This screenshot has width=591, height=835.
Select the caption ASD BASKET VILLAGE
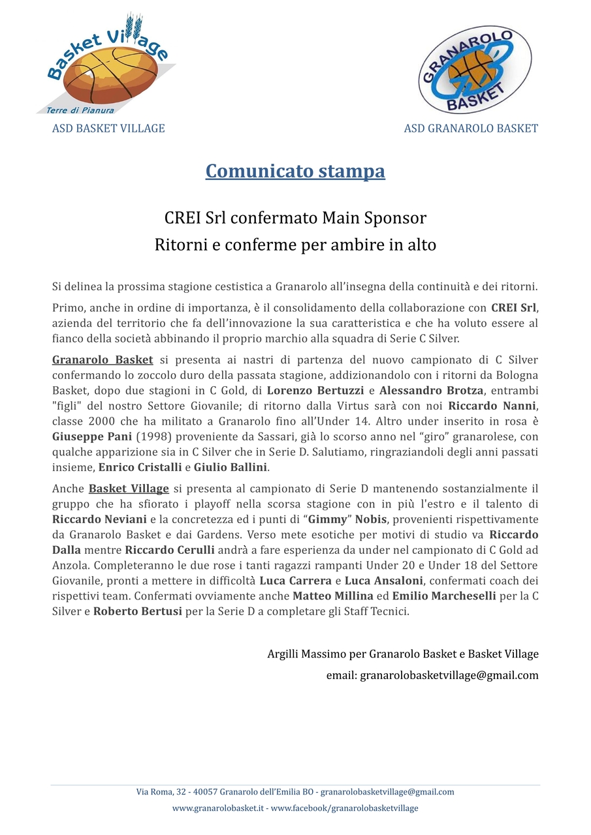[x=108, y=128]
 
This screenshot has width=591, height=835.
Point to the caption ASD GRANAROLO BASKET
[x=471, y=128]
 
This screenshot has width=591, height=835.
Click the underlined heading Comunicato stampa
[x=295, y=171]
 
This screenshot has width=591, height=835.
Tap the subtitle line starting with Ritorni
[x=295, y=245]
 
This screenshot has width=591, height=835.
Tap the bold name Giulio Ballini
[x=231, y=467]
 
